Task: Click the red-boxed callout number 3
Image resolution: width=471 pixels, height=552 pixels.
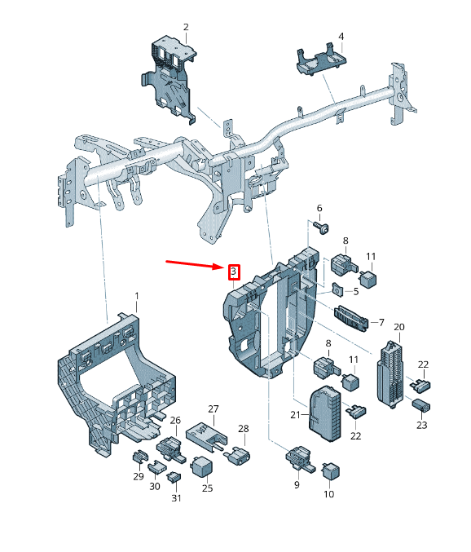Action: tap(234, 272)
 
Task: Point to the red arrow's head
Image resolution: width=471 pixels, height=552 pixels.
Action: tap(222, 266)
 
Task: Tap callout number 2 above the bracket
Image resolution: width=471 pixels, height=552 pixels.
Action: tap(186, 27)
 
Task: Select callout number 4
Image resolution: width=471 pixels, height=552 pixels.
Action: tap(341, 37)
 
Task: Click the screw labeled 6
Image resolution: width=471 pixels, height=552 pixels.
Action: tap(320, 227)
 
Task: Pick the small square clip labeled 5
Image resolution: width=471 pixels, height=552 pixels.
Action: tap(337, 289)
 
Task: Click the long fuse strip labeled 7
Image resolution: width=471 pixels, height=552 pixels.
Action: tap(351, 318)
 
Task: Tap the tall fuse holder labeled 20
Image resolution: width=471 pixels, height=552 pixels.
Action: tap(390, 374)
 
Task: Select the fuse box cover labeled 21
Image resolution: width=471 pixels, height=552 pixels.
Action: tap(325, 413)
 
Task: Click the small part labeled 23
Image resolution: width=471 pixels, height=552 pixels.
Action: tap(420, 404)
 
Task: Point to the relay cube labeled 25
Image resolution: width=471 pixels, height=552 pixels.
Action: tap(201, 466)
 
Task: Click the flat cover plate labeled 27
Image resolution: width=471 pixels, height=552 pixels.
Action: tap(206, 436)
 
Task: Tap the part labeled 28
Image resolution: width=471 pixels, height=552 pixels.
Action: tap(238, 455)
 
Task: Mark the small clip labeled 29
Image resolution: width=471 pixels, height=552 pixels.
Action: tap(139, 457)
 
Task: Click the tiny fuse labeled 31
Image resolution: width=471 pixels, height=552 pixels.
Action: tap(174, 477)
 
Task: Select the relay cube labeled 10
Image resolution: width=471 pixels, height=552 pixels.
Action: tap(331, 470)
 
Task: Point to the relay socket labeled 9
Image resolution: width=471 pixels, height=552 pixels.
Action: tap(299, 458)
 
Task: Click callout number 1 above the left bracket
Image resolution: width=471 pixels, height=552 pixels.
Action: tap(137, 296)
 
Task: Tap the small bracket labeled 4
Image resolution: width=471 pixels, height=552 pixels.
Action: tap(321, 60)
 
